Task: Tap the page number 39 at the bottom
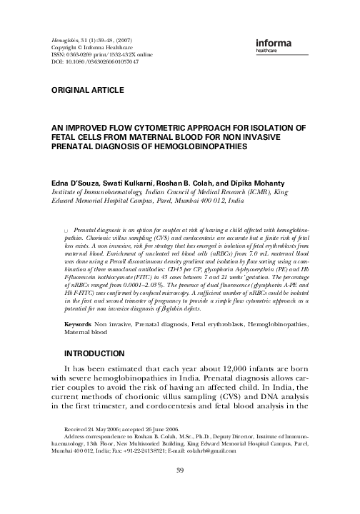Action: (x=180, y=490)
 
